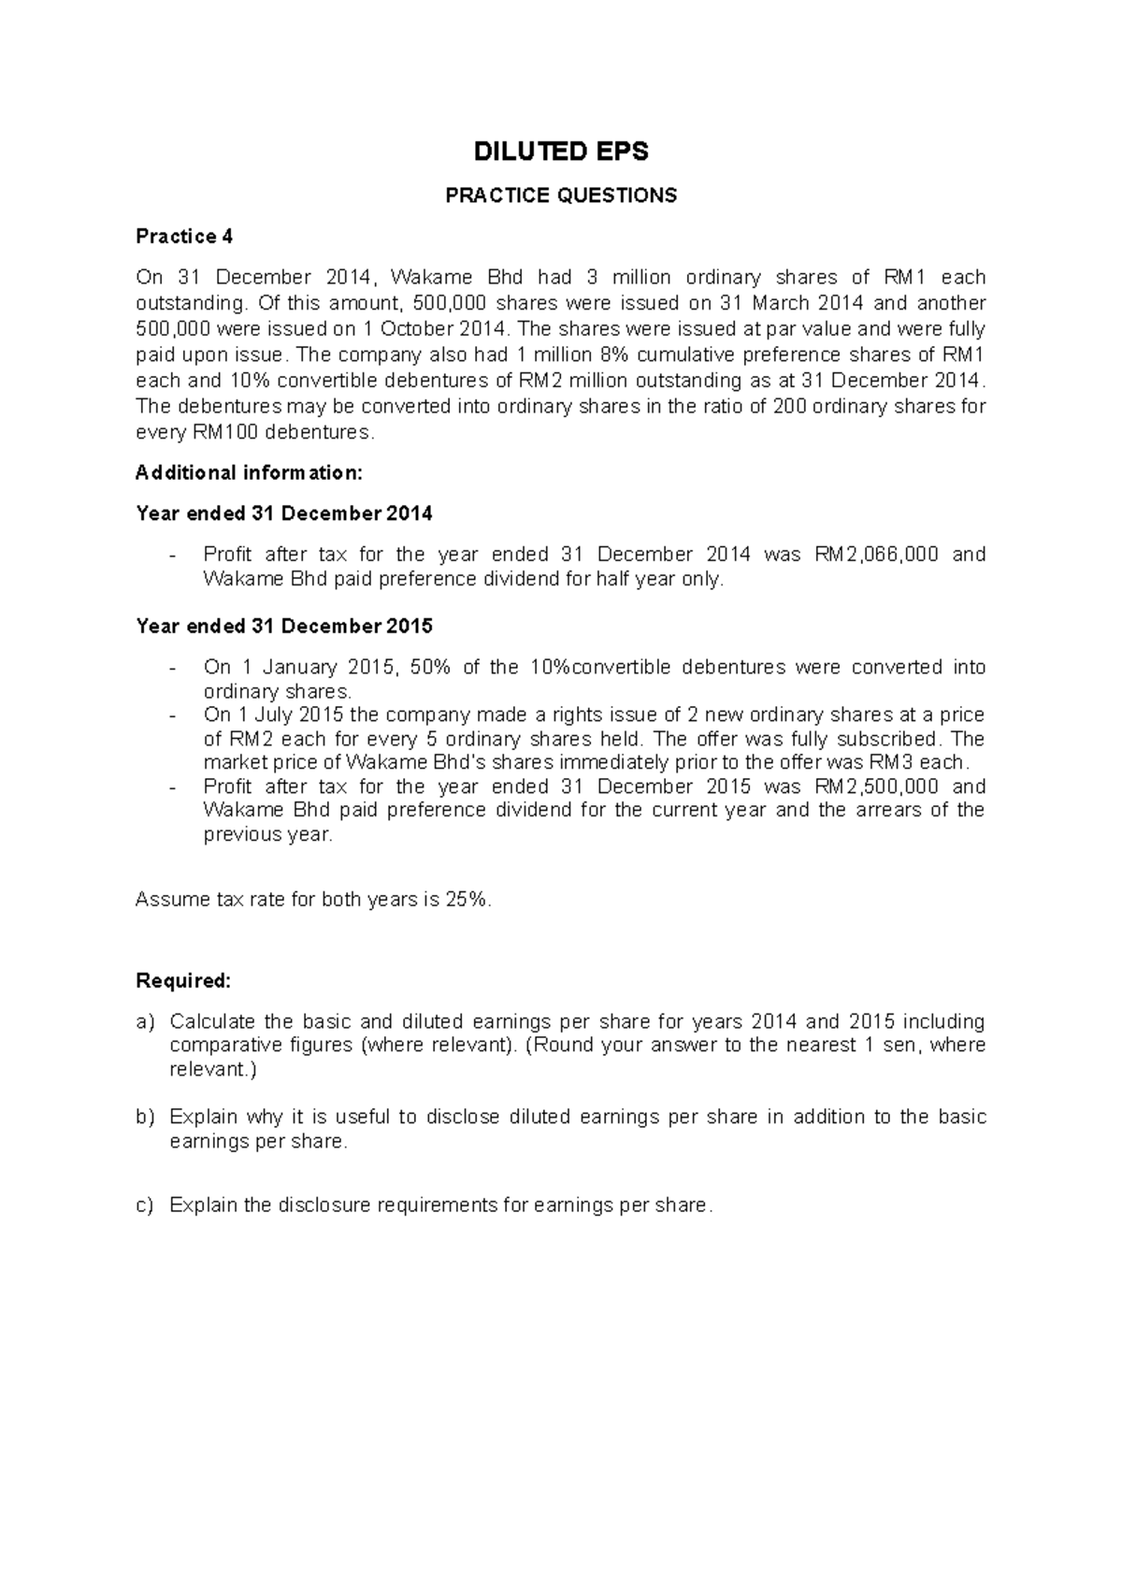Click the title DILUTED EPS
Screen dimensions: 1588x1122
561,152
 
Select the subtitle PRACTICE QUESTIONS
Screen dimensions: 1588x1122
561,195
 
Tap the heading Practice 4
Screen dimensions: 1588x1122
184,237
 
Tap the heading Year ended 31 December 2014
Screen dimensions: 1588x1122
284,514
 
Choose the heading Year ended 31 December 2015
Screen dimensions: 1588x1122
284,626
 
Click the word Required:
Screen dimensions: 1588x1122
183,981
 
